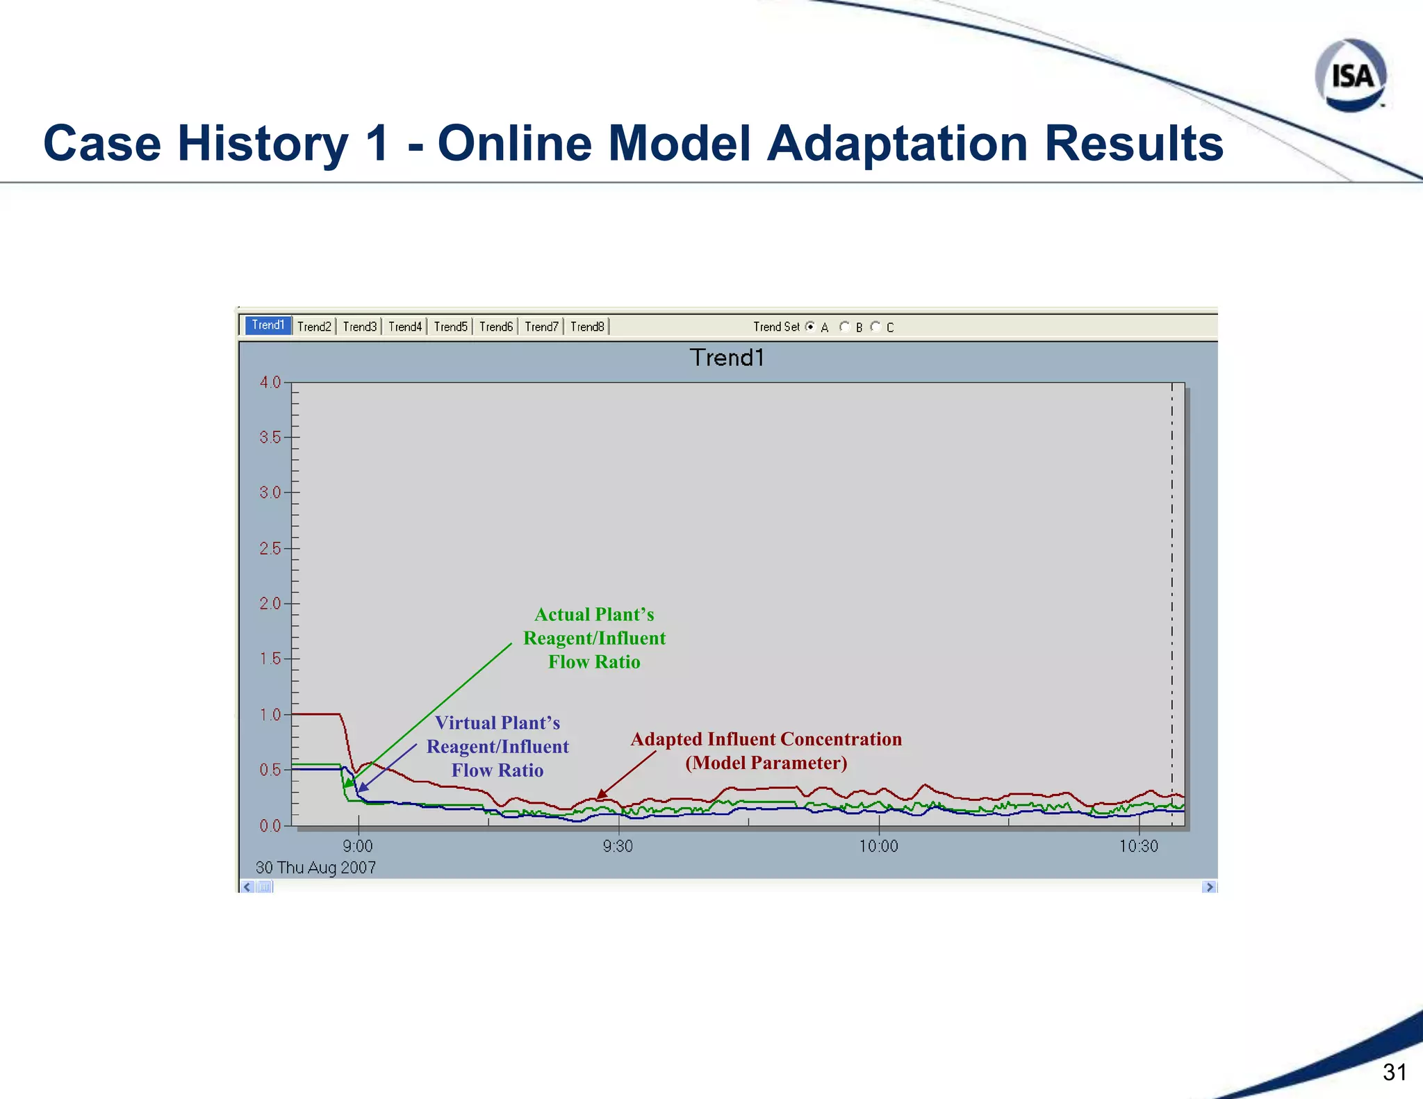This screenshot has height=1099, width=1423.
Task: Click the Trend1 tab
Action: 268,325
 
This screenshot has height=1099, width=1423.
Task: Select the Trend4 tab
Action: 405,327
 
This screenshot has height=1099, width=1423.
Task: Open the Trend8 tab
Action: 587,327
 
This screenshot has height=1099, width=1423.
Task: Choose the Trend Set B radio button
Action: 844,327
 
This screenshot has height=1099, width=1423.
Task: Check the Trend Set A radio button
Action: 810,327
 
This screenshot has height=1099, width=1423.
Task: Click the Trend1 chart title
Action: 727,358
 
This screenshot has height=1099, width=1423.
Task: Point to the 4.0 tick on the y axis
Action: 270,382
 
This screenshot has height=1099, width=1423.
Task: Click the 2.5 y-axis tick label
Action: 270,549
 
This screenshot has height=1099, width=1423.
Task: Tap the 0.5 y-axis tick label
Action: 270,770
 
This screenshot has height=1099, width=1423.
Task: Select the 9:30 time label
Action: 618,846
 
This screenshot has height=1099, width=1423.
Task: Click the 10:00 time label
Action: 878,846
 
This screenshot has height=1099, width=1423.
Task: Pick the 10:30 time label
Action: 1138,846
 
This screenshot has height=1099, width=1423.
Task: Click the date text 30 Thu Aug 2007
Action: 315,868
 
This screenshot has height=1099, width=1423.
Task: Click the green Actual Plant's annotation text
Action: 594,638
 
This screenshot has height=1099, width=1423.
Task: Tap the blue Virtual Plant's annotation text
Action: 497,747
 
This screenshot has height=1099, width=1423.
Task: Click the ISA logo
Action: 1350,76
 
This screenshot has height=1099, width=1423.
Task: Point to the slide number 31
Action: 1395,1072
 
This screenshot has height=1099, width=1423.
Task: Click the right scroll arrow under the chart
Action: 1209,887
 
